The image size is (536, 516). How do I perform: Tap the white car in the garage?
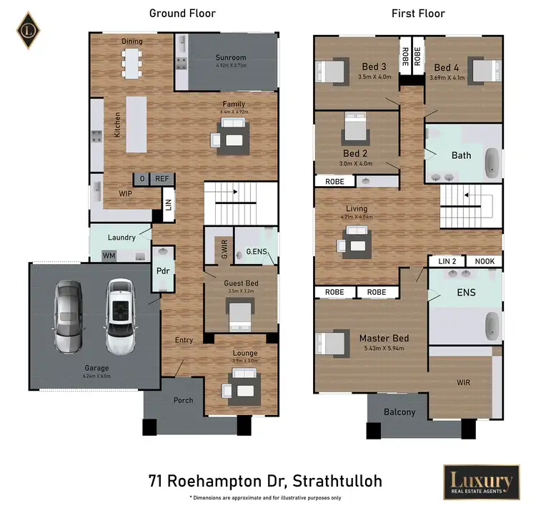pos(120,313)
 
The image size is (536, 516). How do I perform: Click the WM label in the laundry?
pos(109,255)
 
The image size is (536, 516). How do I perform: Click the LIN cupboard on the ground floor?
pos(169,204)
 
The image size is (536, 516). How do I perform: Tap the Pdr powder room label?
pos(162,271)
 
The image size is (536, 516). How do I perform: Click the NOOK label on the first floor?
pos(484,262)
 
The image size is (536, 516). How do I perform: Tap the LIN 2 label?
pos(447,262)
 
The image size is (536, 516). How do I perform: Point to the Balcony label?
pos(399,412)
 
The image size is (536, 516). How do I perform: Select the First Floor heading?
pos(418,13)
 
